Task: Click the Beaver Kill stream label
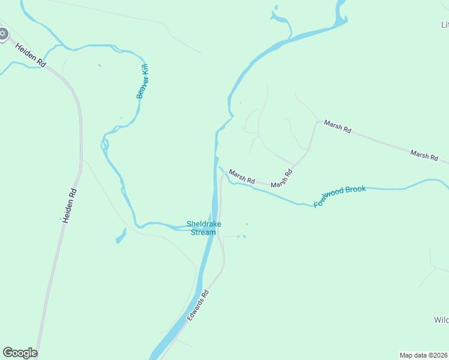tap(142, 82)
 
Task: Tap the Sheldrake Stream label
tap(203, 228)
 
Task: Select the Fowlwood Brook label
tap(339, 197)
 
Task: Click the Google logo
tap(20, 353)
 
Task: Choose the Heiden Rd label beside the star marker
tap(31, 55)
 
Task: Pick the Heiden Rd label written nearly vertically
tap(70, 206)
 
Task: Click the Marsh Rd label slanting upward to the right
tap(282, 179)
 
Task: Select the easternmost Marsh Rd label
tap(424, 155)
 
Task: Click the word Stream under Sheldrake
tap(203, 232)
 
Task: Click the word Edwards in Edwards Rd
tap(196, 310)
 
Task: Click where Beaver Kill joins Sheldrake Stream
tap(207, 226)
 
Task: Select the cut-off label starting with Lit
tap(445, 25)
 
